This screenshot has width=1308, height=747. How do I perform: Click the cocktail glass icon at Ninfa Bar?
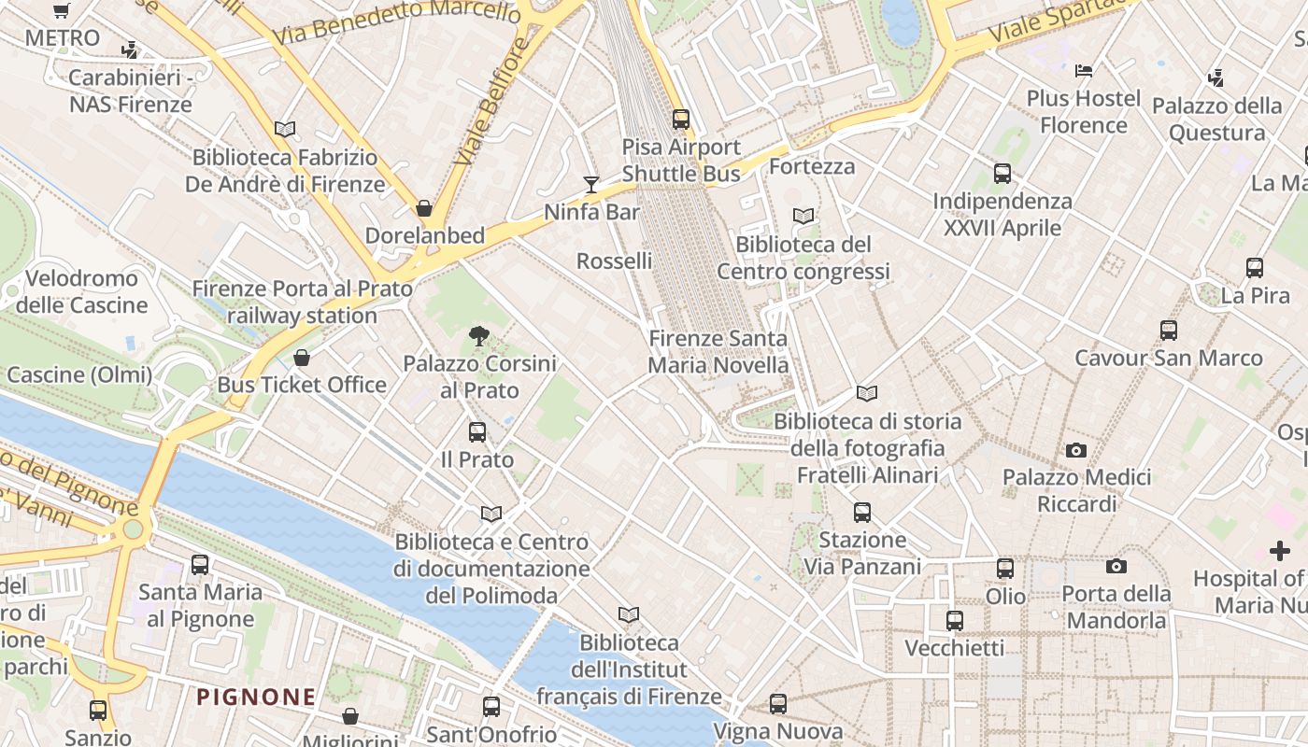(590, 184)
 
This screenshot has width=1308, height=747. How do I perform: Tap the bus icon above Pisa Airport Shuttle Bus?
(681, 120)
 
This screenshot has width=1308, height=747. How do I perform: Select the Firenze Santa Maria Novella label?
(718, 352)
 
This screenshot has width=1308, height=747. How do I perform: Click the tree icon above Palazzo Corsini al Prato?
(478, 336)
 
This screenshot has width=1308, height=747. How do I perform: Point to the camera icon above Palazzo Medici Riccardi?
(1076, 451)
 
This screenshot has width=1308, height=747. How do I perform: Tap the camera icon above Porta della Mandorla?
(1116, 567)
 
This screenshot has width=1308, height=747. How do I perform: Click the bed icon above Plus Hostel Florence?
(1084, 71)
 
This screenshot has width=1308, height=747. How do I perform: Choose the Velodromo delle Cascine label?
(81, 291)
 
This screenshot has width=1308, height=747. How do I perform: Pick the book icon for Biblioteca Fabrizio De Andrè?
(285, 130)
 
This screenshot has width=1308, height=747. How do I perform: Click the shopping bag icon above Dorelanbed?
(424, 208)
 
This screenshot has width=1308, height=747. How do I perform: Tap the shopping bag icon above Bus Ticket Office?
(302, 358)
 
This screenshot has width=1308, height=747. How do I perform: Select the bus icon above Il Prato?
(477, 432)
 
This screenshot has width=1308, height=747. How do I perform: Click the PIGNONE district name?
(256, 697)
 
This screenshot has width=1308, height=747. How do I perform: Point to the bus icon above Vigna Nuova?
(778, 704)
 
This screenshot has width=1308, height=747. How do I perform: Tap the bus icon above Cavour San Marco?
(1169, 331)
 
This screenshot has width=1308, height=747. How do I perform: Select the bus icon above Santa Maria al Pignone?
(200, 565)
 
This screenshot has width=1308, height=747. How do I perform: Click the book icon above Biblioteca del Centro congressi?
(803, 217)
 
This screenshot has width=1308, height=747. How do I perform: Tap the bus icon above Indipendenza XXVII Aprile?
(1002, 174)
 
